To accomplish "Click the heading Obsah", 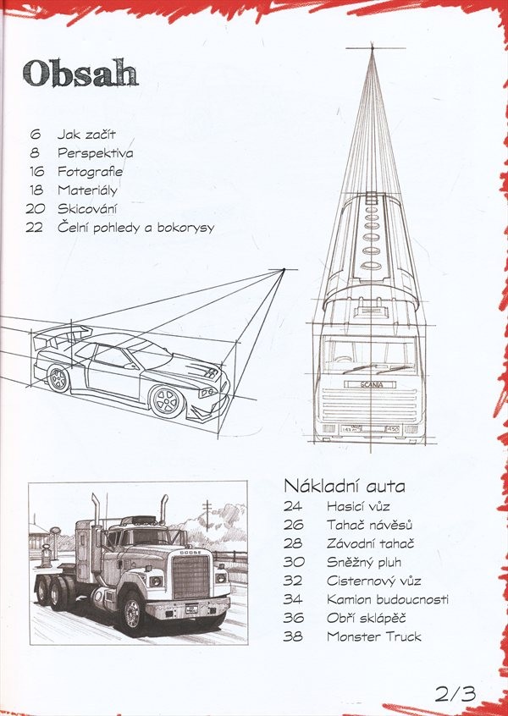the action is tap(80, 73).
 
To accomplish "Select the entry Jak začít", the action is tap(86, 135).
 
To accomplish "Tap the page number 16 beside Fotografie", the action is tap(36, 172).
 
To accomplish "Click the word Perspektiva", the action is tap(96, 153).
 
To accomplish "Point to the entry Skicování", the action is tap(87, 209).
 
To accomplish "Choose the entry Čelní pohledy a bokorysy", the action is tap(135, 228).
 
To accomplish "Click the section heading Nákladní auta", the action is tap(345, 486).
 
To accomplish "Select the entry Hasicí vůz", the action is tap(358, 506).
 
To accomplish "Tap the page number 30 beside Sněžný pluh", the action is tap(293, 562).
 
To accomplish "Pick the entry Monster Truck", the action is tap(374, 636).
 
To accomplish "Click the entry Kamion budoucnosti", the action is tap(388, 599).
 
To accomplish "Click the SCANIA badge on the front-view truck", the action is tap(370, 384).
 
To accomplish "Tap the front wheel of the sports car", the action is tap(167, 402).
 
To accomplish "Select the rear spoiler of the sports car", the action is tap(62, 336).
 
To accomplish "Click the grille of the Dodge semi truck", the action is tap(190, 577).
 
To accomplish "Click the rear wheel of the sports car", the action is tap(59, 378).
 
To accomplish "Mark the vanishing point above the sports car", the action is tap(284, 270).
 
